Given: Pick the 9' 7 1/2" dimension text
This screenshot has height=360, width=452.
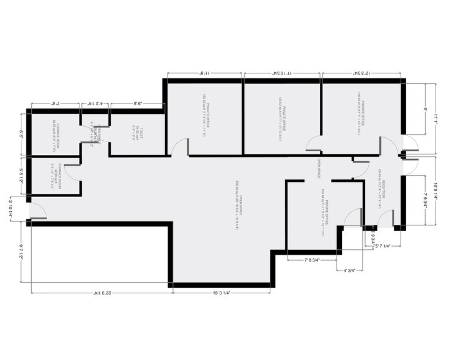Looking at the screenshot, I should pyautogui.click(x=21, y=252).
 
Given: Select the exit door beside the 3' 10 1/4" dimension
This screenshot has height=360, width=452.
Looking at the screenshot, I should pyautogui.click(x=37, y=210).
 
